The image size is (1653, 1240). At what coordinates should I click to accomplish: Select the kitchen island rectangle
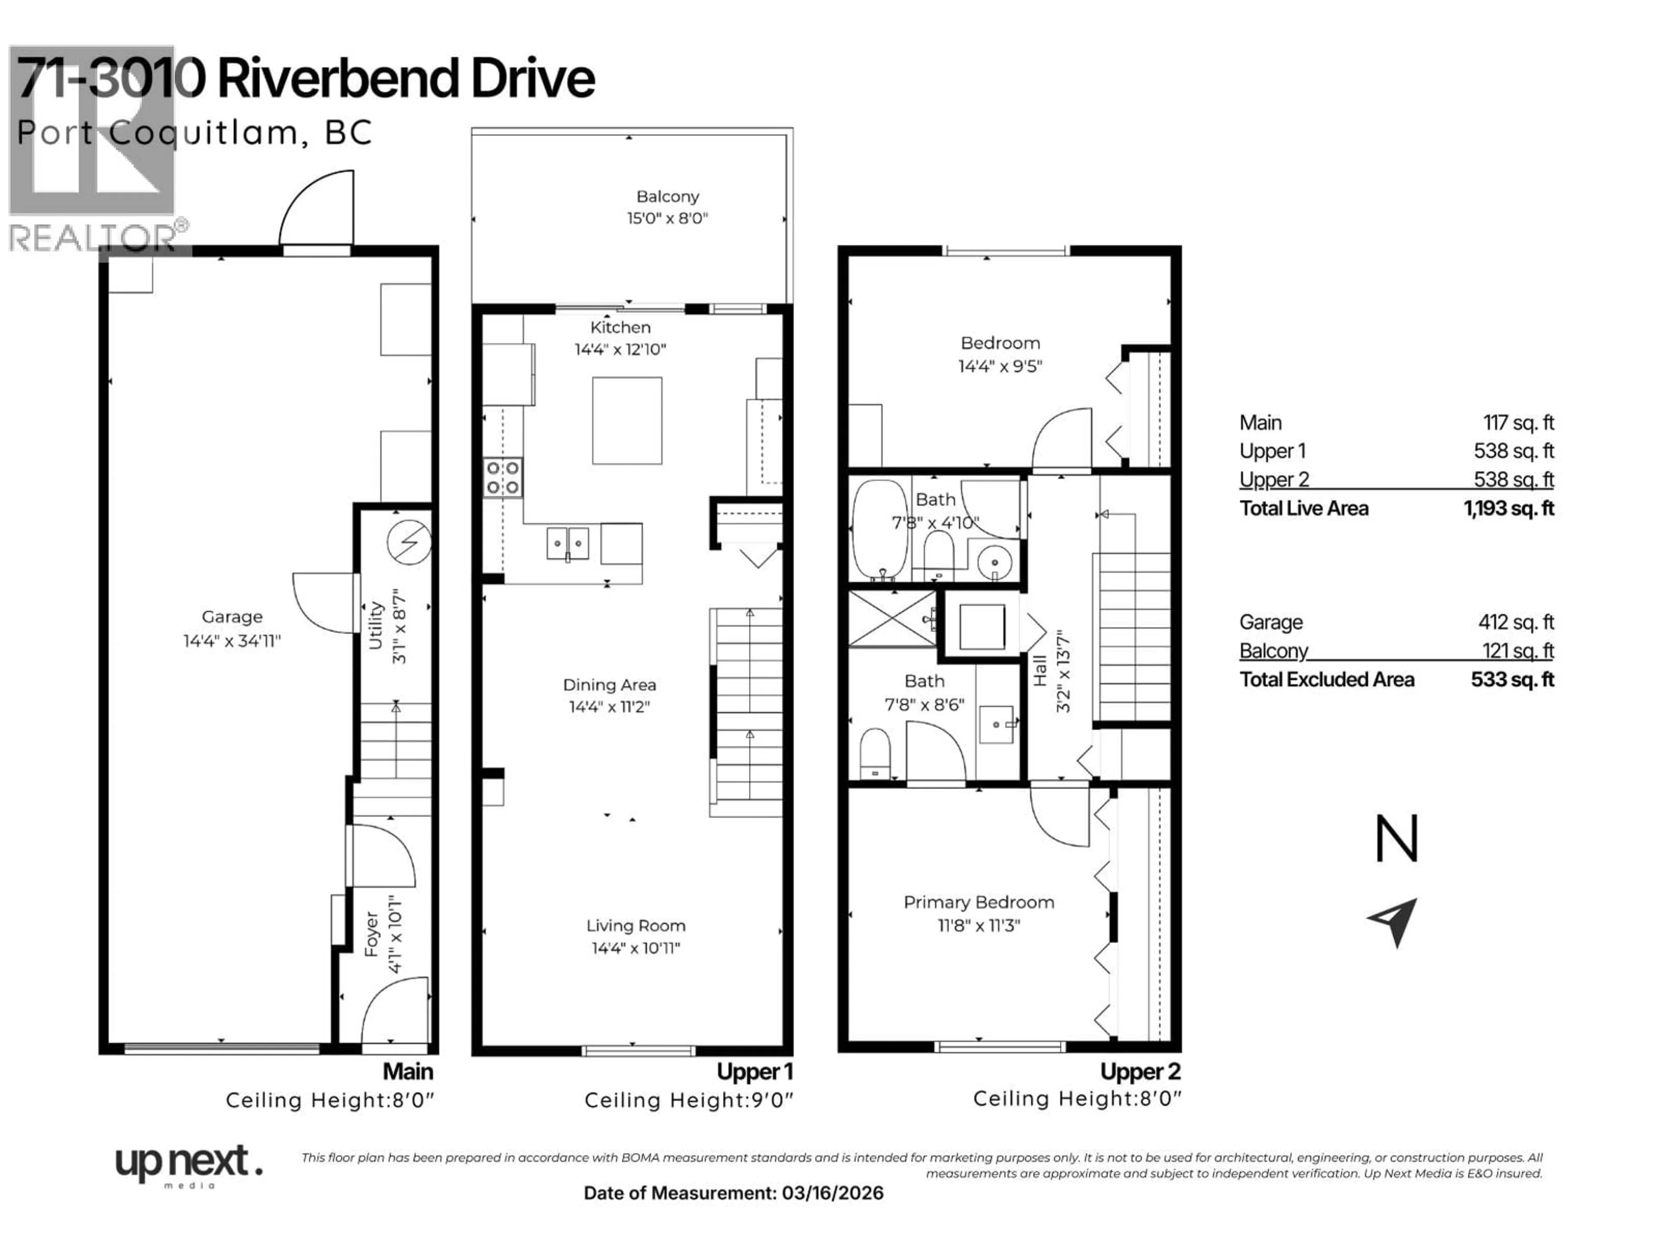626,421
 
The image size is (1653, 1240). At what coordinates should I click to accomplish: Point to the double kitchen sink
567,543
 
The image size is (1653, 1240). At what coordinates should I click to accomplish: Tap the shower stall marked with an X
892,619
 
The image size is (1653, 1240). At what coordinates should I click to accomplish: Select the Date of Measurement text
733,1193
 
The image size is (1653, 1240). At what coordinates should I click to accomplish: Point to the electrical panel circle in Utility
409,542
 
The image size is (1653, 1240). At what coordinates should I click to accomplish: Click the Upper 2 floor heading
1139,1071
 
